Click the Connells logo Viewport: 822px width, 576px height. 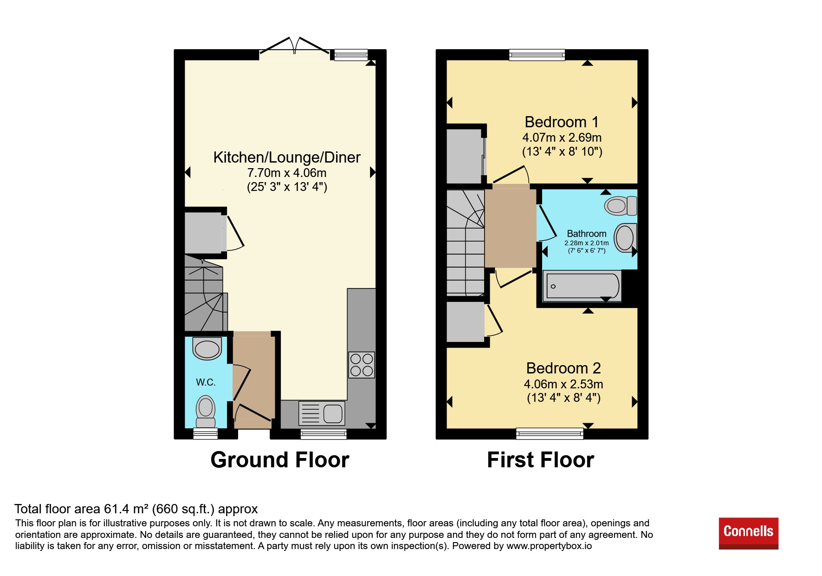[x=748, y=533]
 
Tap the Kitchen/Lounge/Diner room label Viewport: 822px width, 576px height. [x=287, y=157]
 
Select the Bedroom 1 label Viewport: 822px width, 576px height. [x=562, y=122]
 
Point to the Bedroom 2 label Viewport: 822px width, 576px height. [x=563, y=368]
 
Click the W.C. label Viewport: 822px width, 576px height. [x=206, y=382]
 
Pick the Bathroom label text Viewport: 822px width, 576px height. [x=587, y=234]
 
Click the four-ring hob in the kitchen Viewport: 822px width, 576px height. [x=362, y=365]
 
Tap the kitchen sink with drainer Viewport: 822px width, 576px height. [x=322, y=413]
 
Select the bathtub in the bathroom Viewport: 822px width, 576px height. [x=582, y=286]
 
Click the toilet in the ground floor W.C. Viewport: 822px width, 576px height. [x=206, y=411]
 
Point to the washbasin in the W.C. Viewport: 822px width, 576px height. [x=207, y=348]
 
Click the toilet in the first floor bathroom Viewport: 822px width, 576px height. [x=621, y=205]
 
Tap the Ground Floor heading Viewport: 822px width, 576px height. [x=280, y=460]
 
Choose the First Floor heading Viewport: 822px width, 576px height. [x=541, y=460]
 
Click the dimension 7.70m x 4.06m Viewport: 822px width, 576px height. [x=287, y=173]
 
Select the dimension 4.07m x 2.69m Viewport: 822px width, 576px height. [x=562, y=137]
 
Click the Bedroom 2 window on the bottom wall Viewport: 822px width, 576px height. [x=550, y=434]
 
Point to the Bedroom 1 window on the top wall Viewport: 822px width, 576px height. [x=537, y=55]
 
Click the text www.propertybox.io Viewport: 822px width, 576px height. [x=549, y=546]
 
